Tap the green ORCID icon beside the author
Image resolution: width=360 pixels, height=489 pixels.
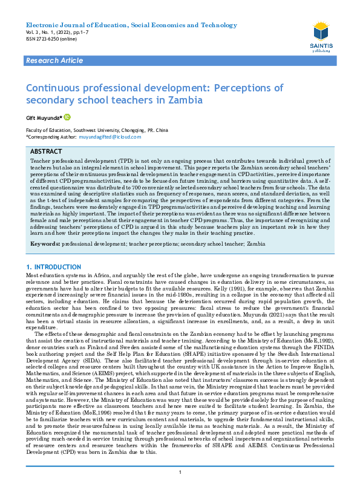(x=67, y=117)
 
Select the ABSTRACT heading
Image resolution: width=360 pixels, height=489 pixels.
(x=47, y=151)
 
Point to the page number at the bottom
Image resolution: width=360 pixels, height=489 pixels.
(x=180, y=472)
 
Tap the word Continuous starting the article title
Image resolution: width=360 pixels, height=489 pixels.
(x=55, y=87)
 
